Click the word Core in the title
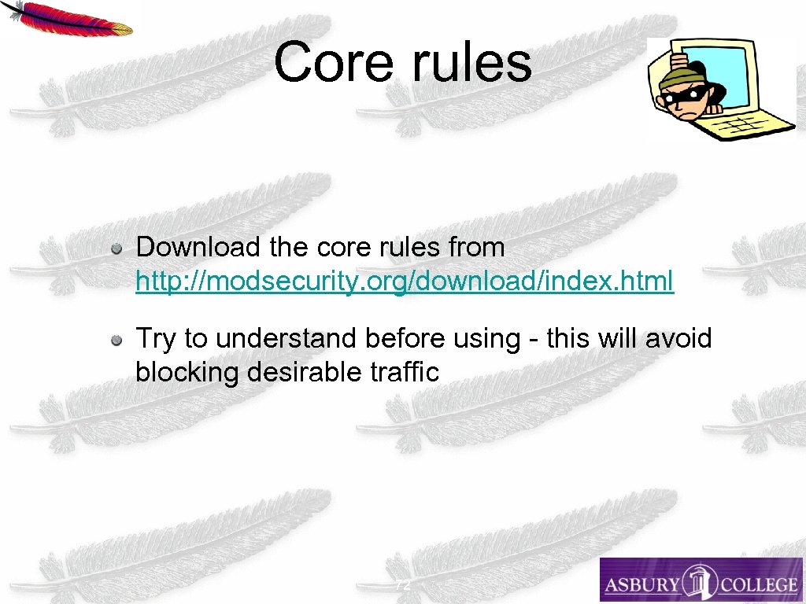[333, 62]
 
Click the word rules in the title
[471, 62]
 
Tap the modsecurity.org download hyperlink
[405, 281]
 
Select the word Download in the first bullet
[198, 248]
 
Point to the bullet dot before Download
[116, 249]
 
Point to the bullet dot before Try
[116, 341]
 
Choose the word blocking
[187, 372]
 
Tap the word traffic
[404, 372]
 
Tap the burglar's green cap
[679, 79]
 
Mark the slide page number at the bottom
[402, 586]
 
